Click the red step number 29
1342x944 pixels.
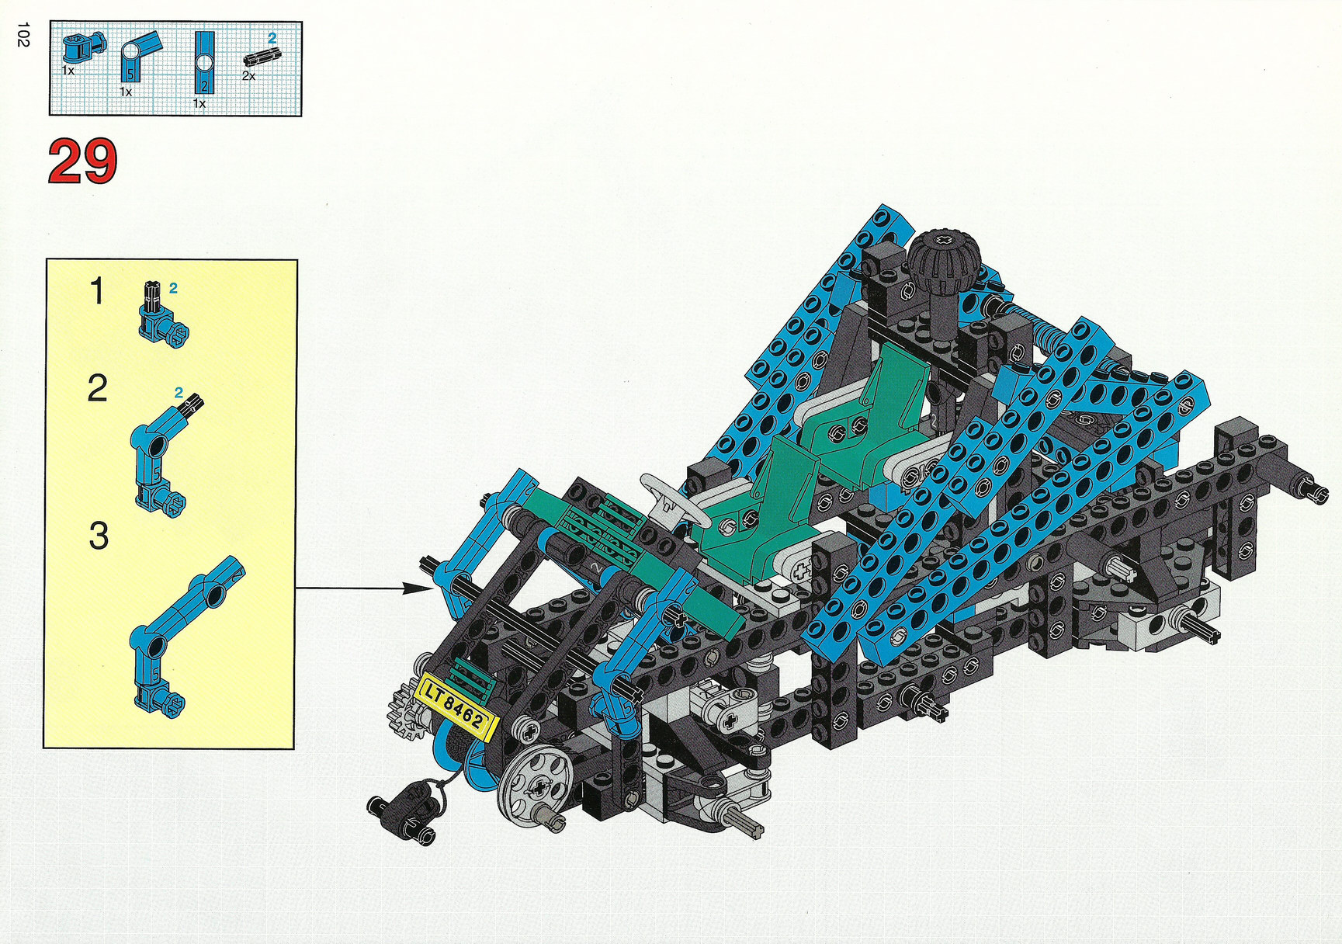82,161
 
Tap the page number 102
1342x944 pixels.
23,35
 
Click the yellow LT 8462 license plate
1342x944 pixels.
456,707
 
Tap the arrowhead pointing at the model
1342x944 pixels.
417,588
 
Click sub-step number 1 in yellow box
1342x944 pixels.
96,292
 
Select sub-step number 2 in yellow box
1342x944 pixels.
97,388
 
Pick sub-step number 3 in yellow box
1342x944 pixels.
99,536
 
